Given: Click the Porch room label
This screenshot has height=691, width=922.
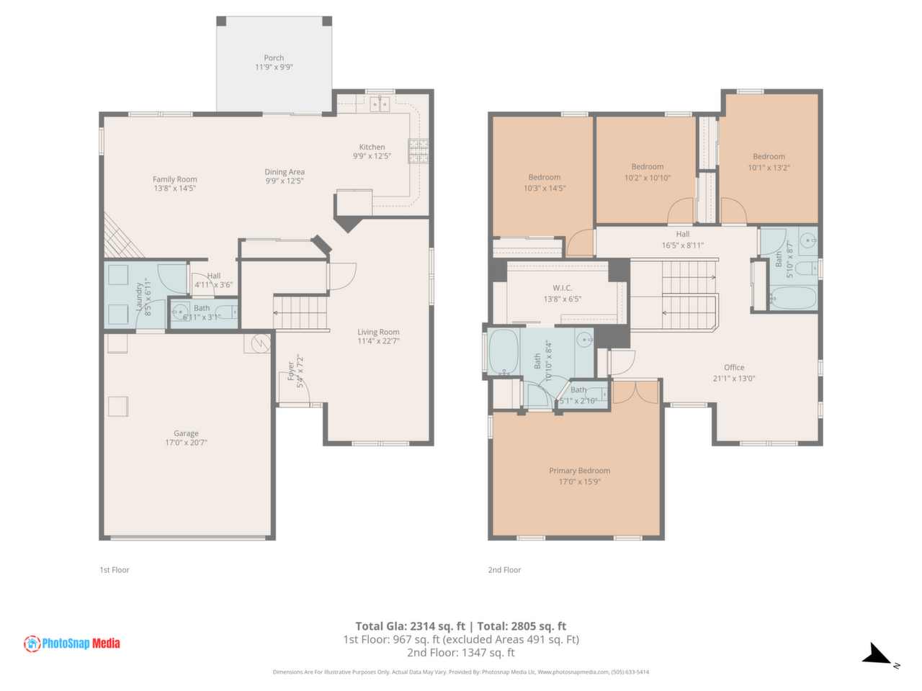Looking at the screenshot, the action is point(274,58).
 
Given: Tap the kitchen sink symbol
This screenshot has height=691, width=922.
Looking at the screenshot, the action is point(380,104).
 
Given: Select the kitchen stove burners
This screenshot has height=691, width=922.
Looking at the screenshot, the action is point(418,150).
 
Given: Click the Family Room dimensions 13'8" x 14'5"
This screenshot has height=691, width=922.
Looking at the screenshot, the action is point(175,189).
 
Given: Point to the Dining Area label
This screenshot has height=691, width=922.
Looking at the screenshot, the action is point(285,171).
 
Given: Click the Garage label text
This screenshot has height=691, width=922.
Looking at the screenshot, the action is point(186,433).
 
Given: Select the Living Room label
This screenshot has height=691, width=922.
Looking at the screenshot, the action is point(378,332).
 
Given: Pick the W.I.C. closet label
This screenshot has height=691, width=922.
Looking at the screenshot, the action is point(562,288).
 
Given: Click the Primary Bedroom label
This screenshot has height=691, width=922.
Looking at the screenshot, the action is point(579,470).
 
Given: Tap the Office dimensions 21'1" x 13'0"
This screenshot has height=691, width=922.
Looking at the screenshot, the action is point(733,378).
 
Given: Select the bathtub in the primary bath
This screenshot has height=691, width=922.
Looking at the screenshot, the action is point(503,351).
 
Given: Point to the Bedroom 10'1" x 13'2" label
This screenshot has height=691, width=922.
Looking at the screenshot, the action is point(769,156).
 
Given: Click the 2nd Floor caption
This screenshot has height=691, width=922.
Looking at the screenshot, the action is point(504,569).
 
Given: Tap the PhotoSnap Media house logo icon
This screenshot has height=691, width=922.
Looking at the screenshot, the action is point(32,643).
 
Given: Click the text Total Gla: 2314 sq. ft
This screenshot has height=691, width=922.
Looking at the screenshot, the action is point(410,625).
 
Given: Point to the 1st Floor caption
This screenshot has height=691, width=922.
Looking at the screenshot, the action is point(115,569).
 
